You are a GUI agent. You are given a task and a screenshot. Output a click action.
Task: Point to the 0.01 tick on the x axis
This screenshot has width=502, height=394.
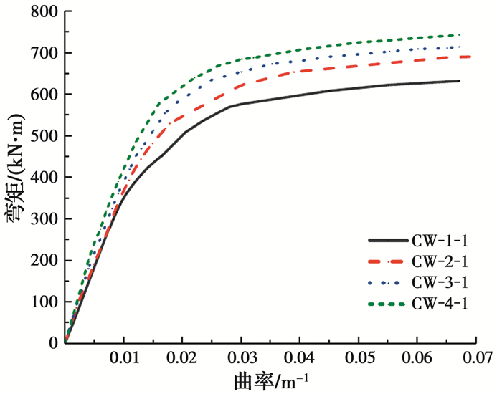[x=124, y=356]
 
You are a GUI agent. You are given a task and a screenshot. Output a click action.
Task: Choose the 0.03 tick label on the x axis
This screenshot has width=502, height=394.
[x=241, y=356]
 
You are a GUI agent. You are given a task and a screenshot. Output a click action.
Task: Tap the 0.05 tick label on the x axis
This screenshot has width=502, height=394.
[x=359, y=356]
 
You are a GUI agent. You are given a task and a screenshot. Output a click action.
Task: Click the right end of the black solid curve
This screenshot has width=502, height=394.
[x=460, y=81]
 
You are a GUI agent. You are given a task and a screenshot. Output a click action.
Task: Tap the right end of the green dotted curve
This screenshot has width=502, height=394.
[x=460, y=34]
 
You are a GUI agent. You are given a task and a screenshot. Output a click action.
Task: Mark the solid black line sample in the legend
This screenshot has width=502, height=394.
[x=387, y=241]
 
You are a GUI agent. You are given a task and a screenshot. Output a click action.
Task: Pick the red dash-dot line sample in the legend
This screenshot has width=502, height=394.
[x=387, y=262]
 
